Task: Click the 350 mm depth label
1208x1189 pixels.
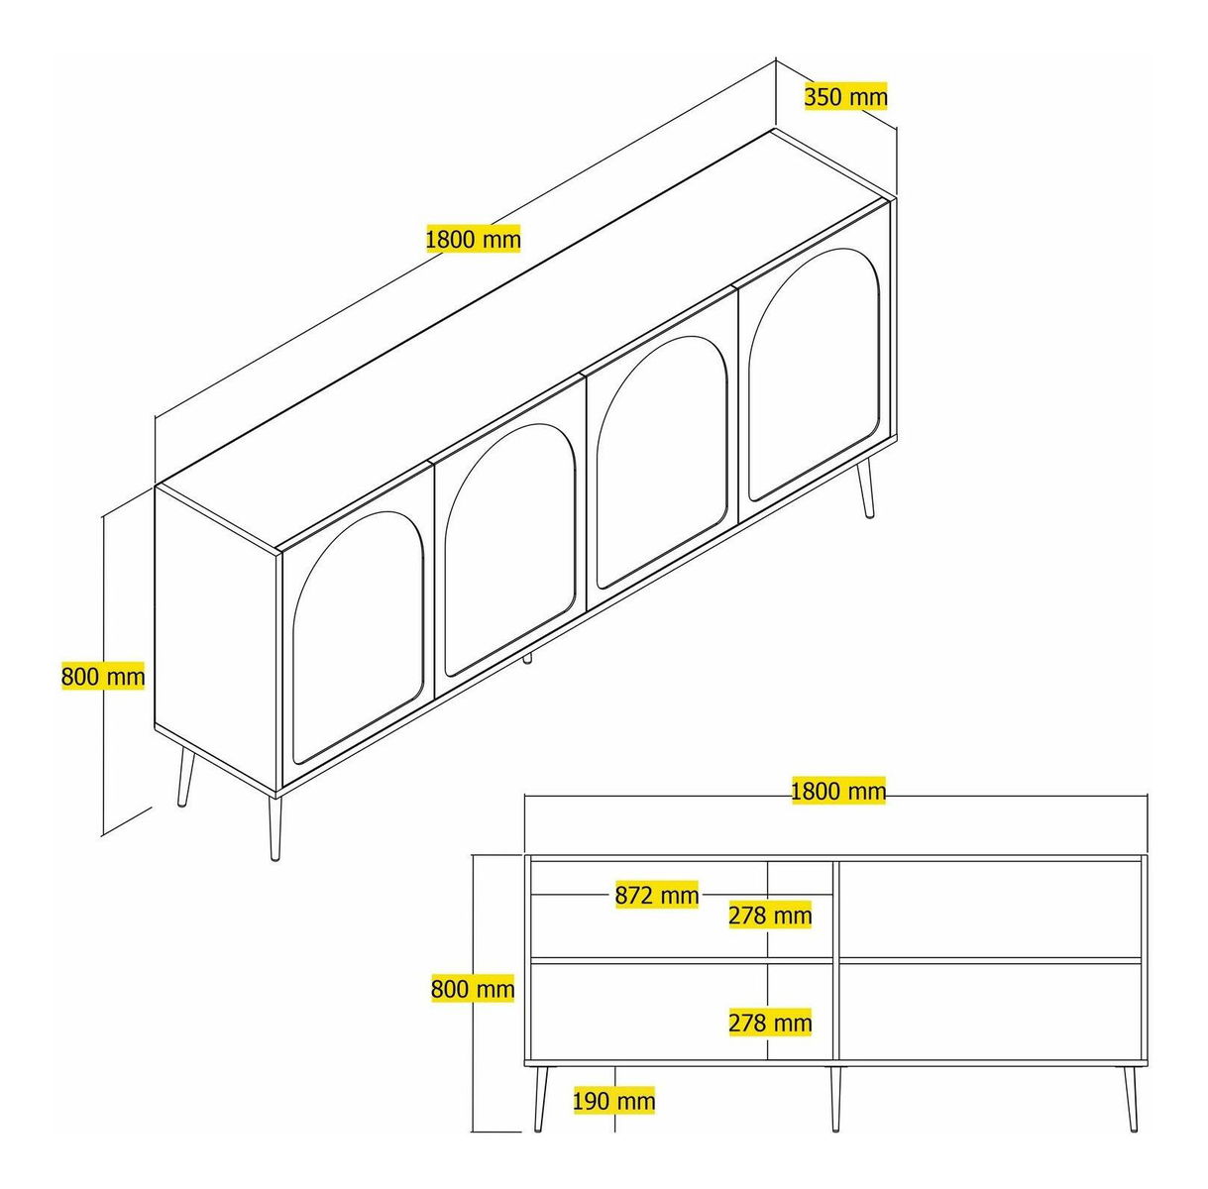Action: (x=845, y=96)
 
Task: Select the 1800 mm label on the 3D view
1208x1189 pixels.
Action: (x=474, y=239)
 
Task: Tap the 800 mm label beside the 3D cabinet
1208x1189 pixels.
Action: (x=103, y=676)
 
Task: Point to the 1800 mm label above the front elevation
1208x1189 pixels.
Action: (x=838, y=791)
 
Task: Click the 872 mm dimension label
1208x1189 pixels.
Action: (x=656, y=895)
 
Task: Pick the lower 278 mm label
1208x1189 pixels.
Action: (x=770, y=1023)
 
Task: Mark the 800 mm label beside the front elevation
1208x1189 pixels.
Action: (x=473, y=989)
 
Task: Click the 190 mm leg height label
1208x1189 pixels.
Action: (x=613, y=1100)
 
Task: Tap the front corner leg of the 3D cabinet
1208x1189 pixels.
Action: (x=274, y=827)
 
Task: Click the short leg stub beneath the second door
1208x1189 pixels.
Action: (x=528, y=657)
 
